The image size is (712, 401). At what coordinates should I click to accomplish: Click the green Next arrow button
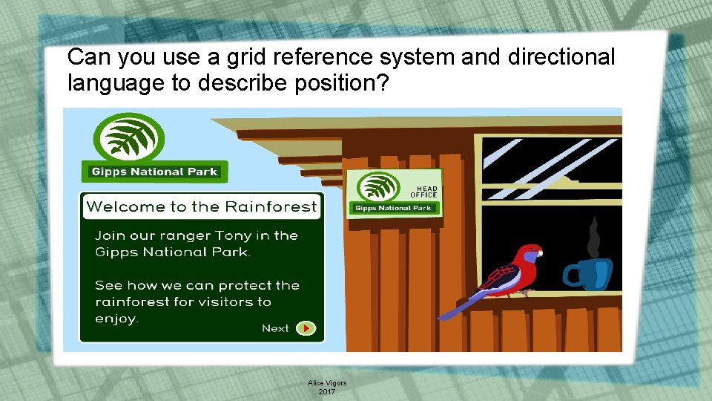(x=306, y=328)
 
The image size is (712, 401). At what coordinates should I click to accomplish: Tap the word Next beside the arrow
(x=275, y=328)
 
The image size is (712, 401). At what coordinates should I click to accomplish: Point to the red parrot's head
(x=530, y=254)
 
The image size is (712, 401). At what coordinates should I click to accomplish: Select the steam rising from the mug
(x=593, y=236)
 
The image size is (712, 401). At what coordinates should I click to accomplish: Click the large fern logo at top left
(x=128, y=139)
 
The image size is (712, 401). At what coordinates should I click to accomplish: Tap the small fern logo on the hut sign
(x=379, y=186)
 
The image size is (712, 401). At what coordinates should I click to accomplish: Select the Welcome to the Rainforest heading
(x=201, y=206)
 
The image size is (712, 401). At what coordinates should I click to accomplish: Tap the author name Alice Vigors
(x=327, y=383)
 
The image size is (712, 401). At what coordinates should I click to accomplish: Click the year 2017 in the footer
(x=327, y=391)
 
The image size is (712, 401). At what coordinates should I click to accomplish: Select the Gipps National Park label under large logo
(x=154, y=172)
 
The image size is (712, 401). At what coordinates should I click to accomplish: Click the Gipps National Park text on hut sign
(x=393, y=208)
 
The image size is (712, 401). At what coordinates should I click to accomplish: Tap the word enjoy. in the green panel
(x=116, y=319)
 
